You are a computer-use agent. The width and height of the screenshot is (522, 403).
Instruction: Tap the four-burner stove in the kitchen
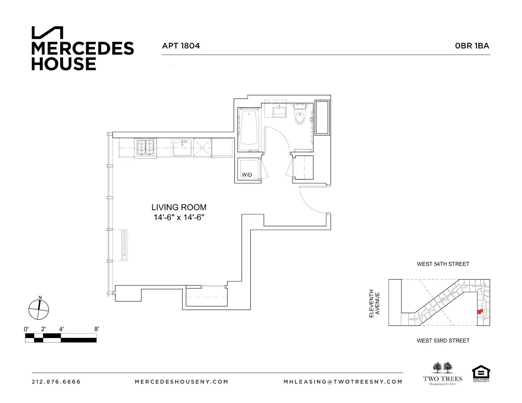(146, 147)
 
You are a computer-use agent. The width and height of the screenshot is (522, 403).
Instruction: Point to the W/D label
(247, 175)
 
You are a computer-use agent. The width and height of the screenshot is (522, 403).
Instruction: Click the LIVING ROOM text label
(179, 207)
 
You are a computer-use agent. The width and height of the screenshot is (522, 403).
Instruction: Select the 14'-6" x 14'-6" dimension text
(179, 217)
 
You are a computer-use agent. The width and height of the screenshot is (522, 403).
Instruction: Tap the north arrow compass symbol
(39, 309)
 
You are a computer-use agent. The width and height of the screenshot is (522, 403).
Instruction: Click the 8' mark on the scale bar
(96, 329)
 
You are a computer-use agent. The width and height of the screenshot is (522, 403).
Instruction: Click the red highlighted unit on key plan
(480, 312)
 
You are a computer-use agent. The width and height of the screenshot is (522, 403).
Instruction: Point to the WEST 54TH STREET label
(443, 264)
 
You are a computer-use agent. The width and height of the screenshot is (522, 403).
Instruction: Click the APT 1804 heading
(181, 46)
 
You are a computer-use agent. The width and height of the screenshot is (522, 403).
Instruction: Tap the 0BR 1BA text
(472, 46)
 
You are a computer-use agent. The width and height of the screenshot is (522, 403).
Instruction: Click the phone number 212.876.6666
(56, 382)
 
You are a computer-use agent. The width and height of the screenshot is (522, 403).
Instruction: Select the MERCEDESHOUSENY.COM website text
(181, 382)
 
